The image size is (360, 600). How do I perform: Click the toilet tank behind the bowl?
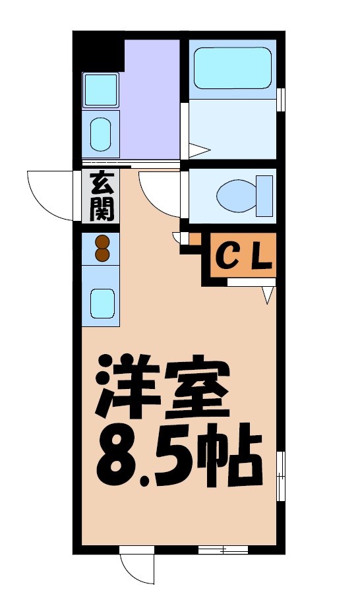pyautogui.click(x=264, y=196)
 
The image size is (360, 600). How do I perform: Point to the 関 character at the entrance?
pyautogui.click(x=102, y=209)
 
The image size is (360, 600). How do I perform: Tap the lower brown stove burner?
pyautogui.click(x=102, y=255)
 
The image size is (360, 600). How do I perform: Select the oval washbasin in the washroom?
pyautogui.click(x=101, y=133)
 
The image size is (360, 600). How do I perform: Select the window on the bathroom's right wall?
pyautogui.click(x=282, y=99)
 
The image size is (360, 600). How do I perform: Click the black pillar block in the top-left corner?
pyautogui.click(x=99, y=51)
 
